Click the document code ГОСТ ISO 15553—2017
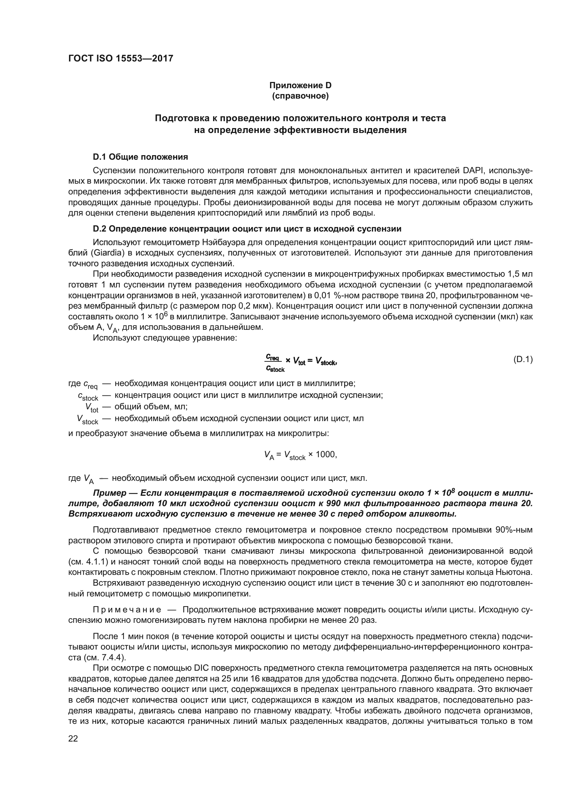pos(120,58)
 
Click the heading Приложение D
pos(300,85)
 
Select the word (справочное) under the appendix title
pos(300,96)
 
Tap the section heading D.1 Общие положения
pos(140,157)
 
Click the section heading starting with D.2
pos(247,229)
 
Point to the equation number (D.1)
pos(522,360)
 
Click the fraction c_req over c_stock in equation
pos(274,363)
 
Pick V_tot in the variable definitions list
pos(92,408)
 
